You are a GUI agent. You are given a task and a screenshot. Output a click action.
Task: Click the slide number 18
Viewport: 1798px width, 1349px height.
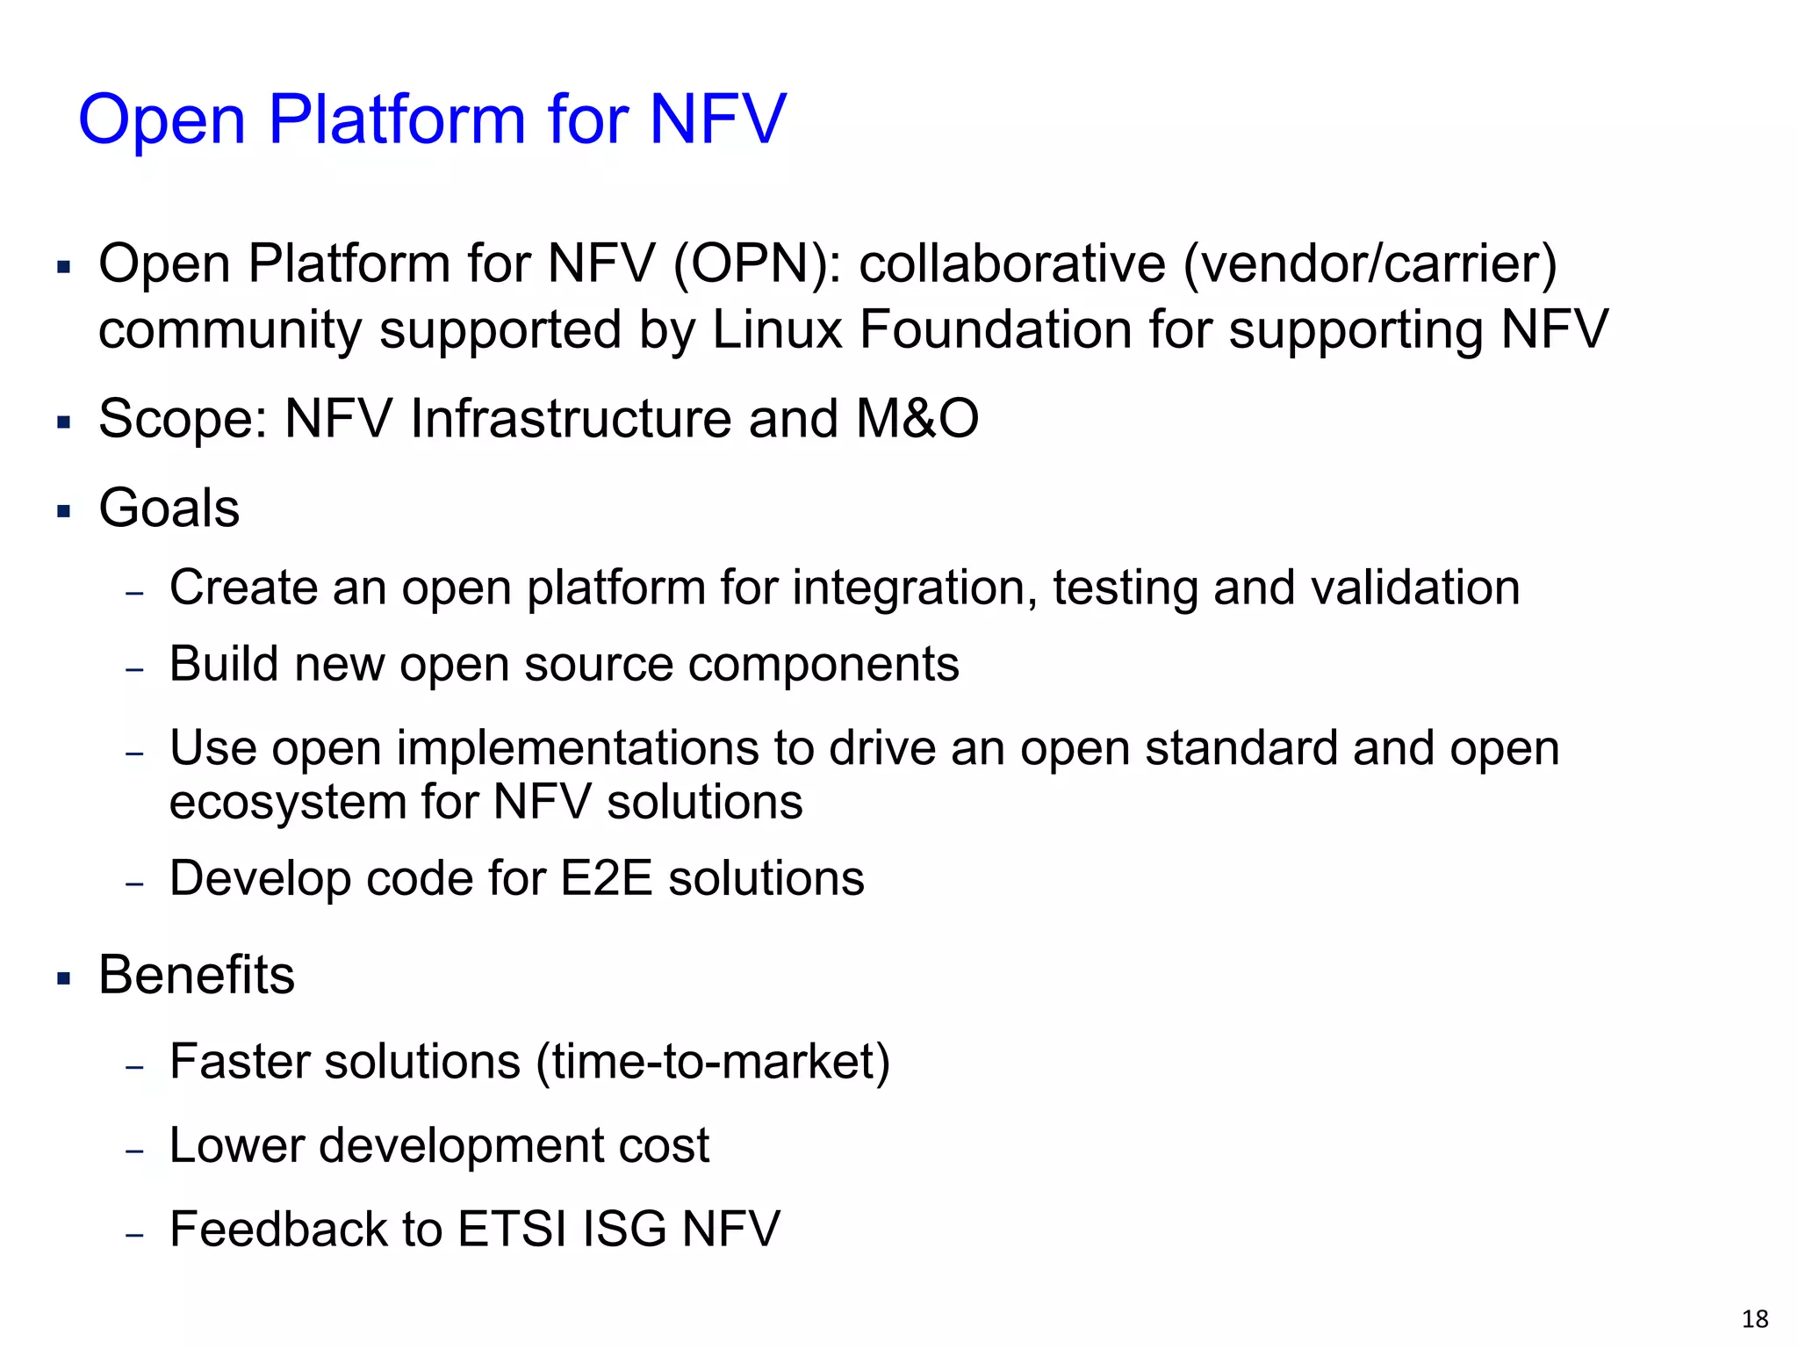pyautogui.click(x=1754, y=1318)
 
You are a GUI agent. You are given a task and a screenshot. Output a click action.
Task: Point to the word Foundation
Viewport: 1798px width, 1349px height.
pyautogui.click(x=995, y=329)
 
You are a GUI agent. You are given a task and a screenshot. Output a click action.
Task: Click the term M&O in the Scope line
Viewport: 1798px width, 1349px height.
pyautogui.click(x=917, y=418)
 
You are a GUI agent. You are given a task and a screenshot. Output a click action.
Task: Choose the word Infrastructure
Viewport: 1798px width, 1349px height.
pyautogui.click(x=571, y=418)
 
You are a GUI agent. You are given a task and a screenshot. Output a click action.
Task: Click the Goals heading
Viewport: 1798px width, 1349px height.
pyautogui.click(x=169, y=508)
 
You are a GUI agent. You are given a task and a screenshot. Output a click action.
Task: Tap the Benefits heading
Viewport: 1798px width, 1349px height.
pyautogui.click(x=197, y=975)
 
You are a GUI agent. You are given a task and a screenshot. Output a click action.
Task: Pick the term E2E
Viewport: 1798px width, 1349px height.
pyautogui.click(x=606, y=878)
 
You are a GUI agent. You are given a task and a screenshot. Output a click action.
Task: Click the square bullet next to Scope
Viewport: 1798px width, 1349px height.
pyautogui.click(x=63, y=422)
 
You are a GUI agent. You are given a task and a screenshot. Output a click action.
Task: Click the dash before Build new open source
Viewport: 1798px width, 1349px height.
pyautogui.click(x=134, y=669)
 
